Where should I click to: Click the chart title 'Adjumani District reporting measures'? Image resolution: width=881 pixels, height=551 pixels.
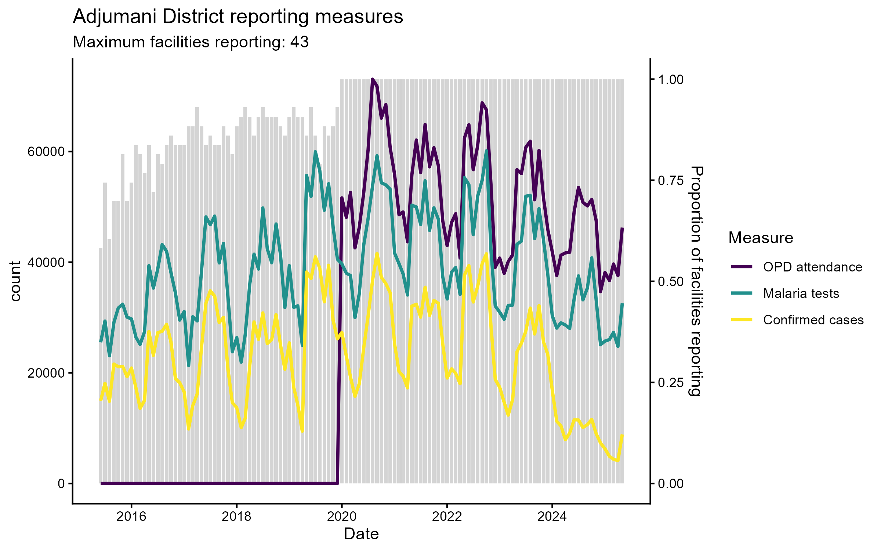[238, 17]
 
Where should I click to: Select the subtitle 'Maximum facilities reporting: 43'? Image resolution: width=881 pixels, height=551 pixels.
[191, 42]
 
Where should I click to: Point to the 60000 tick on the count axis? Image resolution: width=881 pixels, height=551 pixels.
[46, 152]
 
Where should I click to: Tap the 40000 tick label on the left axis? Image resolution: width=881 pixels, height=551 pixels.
[46, 262]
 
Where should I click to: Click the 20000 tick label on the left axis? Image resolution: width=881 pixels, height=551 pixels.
[46, 373]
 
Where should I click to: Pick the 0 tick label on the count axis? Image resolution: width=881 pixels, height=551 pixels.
[61, 483]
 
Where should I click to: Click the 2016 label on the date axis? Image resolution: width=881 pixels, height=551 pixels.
[131, 516]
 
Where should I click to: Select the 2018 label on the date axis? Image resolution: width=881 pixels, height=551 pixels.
[237, 516]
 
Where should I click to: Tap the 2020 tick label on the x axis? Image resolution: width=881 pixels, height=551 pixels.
[342, 516]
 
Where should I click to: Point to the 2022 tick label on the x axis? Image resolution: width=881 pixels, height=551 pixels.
[447, 516]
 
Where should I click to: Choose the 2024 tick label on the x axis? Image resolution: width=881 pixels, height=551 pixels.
[552, 516]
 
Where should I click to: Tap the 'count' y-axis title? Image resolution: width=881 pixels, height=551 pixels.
[15, 281]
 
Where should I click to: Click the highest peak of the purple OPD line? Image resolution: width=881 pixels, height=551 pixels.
[372, 79]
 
